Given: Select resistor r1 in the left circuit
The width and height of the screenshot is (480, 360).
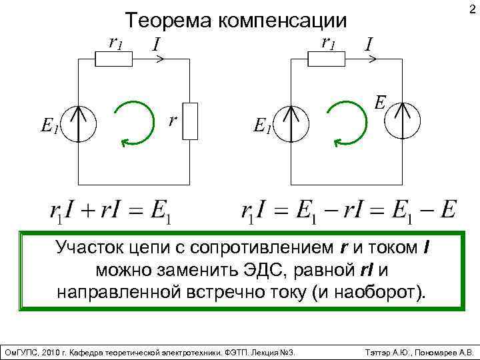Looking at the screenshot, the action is click(x=115, y=59).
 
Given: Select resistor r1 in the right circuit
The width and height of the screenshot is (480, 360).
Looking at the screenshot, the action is click(x=327, y=59).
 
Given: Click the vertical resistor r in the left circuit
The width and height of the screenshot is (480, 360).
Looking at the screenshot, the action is click(x=191, y=121).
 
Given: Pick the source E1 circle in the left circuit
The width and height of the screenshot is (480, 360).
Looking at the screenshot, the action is click(x=79, y=123).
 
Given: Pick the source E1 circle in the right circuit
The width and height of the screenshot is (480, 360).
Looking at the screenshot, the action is click(x=291, y=123).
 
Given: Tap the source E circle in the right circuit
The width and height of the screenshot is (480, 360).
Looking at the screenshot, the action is click(x=403, y=121).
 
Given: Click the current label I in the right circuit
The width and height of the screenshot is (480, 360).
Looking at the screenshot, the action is click(x=369, y=45).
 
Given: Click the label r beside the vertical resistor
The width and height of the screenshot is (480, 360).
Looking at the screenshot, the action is click(x=173, y=121).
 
